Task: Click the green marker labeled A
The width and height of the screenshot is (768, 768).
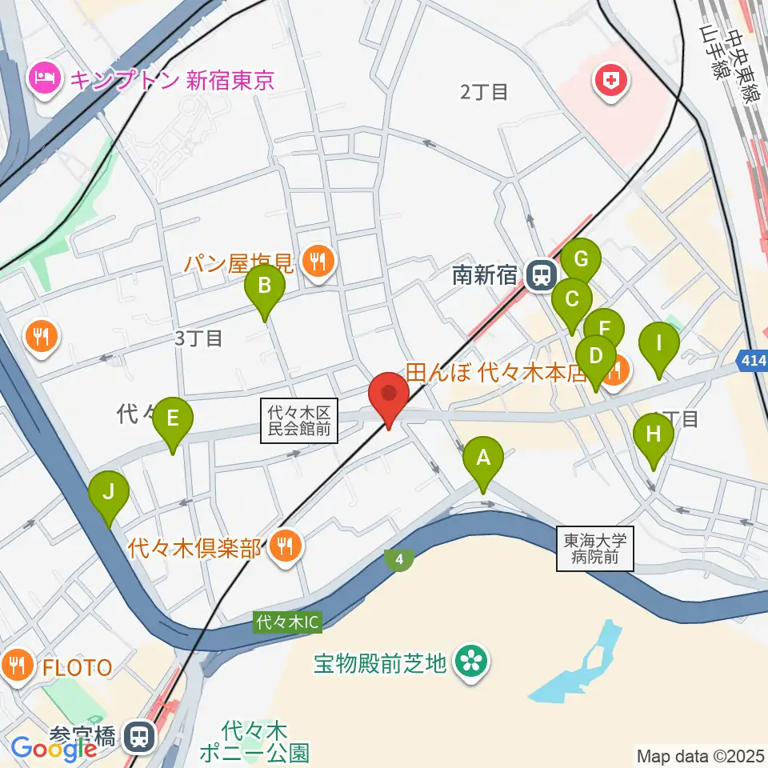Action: pos(483,458)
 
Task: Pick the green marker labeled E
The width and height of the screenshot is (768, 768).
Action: pos(173,418)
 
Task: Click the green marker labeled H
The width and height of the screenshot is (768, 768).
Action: pos(654,435)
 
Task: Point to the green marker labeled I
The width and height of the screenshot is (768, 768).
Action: pos(658,344)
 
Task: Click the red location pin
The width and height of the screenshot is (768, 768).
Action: pos(389,394)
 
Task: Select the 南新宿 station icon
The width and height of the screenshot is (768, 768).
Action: pos(542,276)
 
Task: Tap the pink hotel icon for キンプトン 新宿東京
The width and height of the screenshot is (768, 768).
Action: pos(41,78)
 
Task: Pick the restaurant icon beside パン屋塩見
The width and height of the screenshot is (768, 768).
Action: pos(318,260)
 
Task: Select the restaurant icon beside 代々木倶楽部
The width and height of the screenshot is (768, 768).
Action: pos(283,547)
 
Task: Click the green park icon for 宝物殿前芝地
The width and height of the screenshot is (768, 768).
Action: pos(470,662)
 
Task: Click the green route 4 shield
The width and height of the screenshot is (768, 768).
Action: pos(398,560)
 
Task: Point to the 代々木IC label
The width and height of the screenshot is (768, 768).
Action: pos(288,621)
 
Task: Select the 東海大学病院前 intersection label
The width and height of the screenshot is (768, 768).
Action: pos(595,548)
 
